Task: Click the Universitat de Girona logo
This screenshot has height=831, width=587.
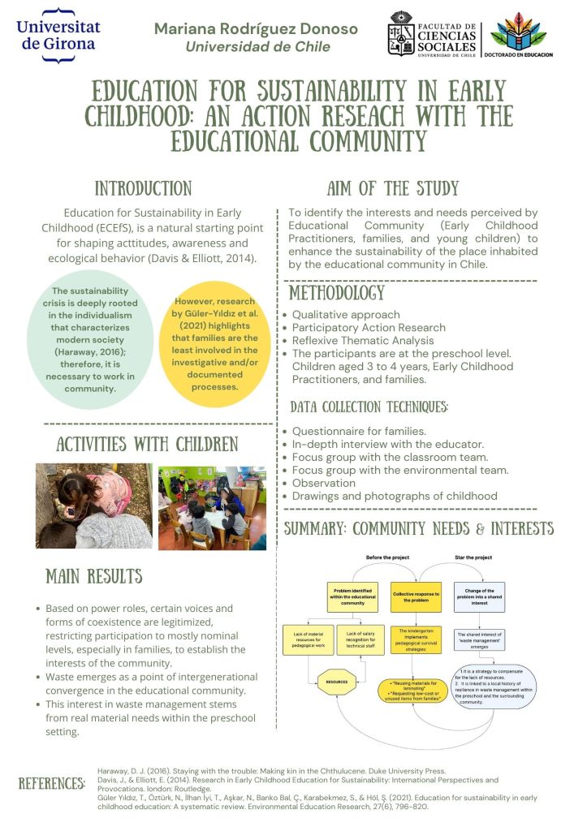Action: click(x=58, y=32)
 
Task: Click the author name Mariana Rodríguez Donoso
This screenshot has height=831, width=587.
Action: click(x=256, y=28)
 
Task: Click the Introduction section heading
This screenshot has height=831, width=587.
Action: click(x=143, y=189)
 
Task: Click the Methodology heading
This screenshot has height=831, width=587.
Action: click(x=337, y=292)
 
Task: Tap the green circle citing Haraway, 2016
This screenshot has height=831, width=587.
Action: click(x=91, y=334)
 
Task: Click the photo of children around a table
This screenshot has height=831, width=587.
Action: click(x=212, y=508)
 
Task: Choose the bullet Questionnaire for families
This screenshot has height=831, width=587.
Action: click(x=359, y=431)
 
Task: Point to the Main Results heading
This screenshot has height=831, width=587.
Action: click(x=93, y=576)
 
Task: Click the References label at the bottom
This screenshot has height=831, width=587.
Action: click(x=51, y=785)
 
